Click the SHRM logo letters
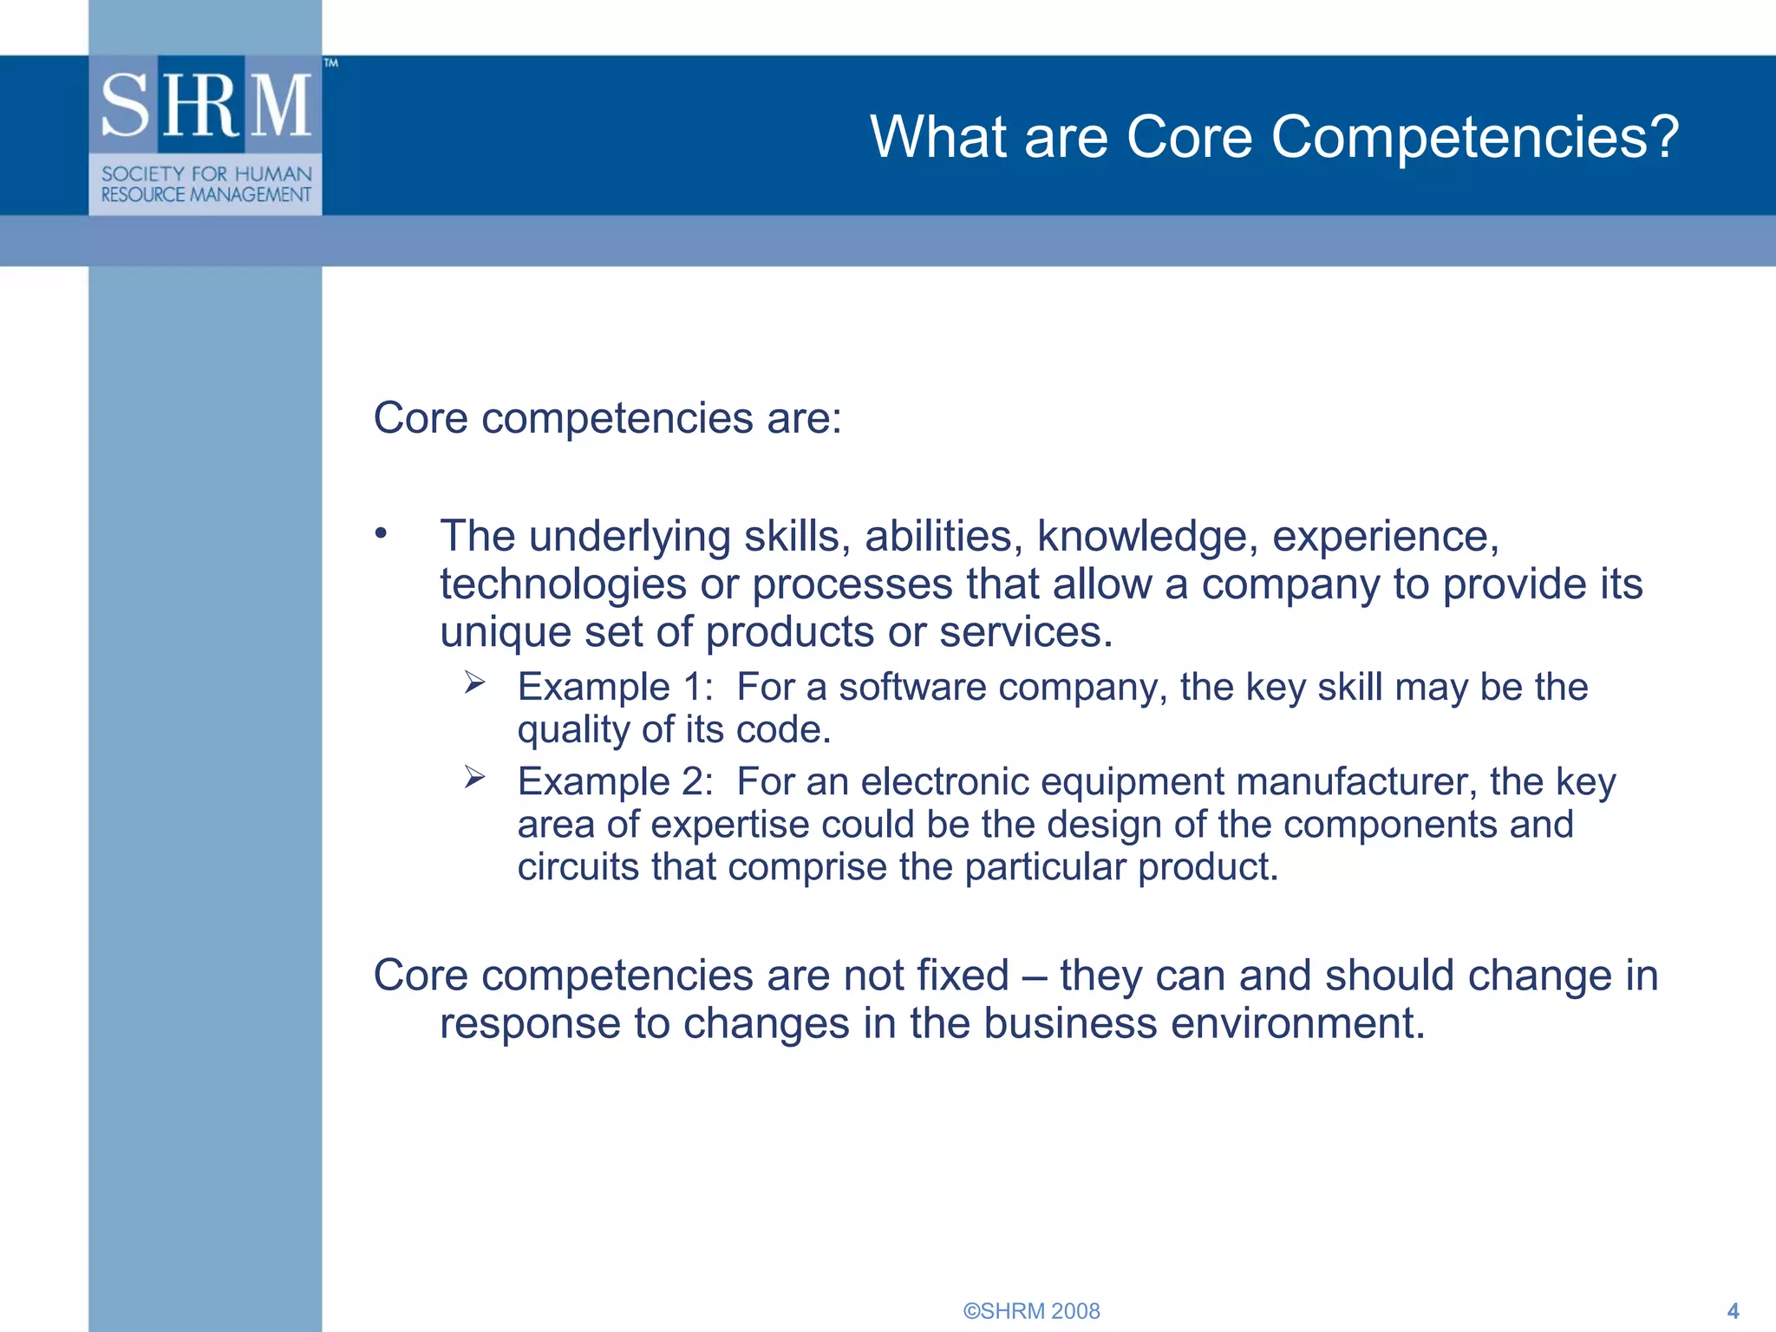(206, 105)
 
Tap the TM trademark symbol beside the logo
(331, 63)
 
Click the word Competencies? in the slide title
(1475, 138)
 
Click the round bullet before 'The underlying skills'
(381, 532)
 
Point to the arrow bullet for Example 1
(474, 682)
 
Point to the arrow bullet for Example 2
(474, 777)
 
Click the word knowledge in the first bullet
(1147, 537)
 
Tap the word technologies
(563, 584)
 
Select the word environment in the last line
(1297, 1024)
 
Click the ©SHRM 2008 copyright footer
(1031, 1311)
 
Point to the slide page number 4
(1733, 1311)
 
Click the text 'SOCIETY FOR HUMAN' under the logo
(206, 174)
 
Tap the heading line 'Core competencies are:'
(607, 419)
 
